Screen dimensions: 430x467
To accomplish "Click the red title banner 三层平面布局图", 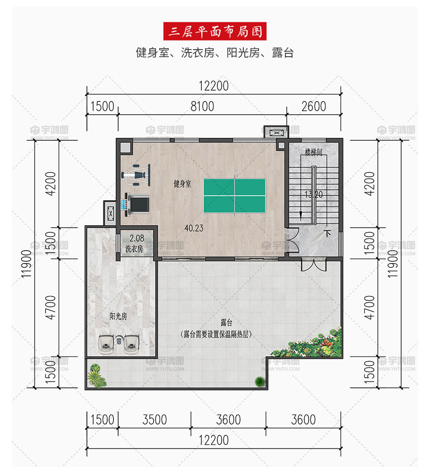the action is [x=215, y=31].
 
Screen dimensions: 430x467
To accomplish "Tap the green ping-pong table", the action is [x=234, y=195].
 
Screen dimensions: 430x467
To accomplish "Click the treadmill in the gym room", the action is [x=138, y=204].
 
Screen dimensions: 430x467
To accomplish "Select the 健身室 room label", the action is [x=182, y=184].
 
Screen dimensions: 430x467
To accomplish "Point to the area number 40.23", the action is [x=194, y=229].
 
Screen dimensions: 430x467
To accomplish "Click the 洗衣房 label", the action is [x=134, y=249].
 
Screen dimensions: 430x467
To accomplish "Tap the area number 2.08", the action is [x=137, y=238].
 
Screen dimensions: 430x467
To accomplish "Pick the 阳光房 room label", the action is [x=118, y=316].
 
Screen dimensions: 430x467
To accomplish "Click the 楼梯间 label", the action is [x=313, y=152].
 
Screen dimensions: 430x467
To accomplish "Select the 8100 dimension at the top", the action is [x=202, y=106].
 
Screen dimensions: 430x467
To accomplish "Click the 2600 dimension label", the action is [x=314, y=106].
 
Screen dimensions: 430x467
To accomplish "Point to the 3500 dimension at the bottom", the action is [x=155, y=420].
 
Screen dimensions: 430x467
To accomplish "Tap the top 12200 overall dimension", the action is [x=214, y=86].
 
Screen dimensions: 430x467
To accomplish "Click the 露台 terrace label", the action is [x=226, y=323].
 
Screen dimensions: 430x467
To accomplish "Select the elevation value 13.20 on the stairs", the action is [x=314, y=195].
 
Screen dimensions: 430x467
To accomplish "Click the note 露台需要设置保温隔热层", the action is [x=216, y=334].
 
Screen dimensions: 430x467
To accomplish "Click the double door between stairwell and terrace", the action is [x=313, y=264].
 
